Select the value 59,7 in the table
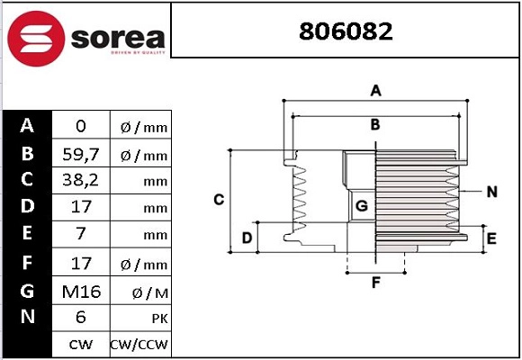81,154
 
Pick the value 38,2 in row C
81,181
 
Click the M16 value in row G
81,291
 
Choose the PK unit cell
139,318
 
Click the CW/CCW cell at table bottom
139,344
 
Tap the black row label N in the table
27,317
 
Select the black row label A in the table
27,126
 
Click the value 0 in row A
81,127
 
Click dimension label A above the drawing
376,90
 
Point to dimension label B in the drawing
375,124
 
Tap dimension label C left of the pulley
218,199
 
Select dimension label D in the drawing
246,238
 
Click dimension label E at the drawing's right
491,238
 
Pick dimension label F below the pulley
375,283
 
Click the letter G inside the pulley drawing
362,206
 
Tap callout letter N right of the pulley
491,192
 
